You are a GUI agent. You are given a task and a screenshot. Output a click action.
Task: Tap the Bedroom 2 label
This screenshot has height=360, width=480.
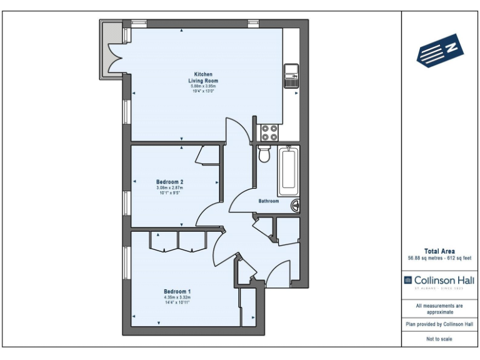coord(169,182)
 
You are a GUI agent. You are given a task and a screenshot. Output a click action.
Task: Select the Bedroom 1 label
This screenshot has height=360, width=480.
coord(177,292)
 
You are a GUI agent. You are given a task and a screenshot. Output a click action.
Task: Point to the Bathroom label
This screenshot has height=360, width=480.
coord(269,201)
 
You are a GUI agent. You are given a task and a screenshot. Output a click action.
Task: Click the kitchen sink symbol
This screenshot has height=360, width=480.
coord(291,75)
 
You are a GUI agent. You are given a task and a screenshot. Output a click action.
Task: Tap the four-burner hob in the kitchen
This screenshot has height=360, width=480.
coord(269,132)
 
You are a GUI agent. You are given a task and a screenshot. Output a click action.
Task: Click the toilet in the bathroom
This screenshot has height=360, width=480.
coord(264,154)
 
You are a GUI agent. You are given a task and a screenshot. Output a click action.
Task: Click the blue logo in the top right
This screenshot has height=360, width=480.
coord(440,50)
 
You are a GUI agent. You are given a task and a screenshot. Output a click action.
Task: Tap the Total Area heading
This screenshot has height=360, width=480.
coord(439,251)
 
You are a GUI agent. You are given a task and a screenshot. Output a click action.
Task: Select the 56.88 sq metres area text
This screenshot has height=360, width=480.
coord(424,258)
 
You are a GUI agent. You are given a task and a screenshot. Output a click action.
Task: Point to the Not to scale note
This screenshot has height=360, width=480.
coord(439,339)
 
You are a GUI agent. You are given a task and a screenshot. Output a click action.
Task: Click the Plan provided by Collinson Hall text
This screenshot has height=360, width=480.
coord(439,324)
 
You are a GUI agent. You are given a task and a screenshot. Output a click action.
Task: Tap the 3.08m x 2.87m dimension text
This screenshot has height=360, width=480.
coord(169,188)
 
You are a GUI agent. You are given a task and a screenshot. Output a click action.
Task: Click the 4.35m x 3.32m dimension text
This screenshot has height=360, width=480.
coord(177,297)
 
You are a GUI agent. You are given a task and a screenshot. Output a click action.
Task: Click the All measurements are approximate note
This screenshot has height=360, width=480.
coord(439,308)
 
